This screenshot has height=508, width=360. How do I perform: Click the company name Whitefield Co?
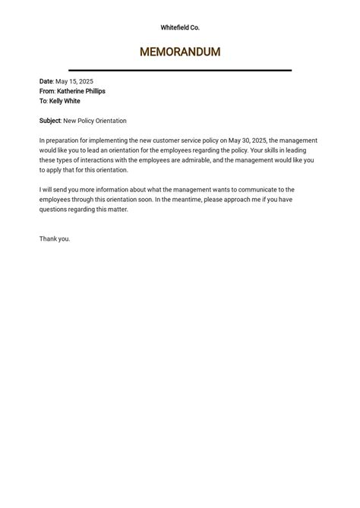(x=180, y=27)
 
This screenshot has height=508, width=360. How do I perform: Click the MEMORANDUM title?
(x=180, y=52)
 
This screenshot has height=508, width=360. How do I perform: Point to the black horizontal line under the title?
(x=180, y=70)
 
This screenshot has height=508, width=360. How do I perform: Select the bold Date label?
(x=46, y=81)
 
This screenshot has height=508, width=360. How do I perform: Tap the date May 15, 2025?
(x=74, y=81)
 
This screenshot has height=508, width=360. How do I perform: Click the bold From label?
(x=47, y=91)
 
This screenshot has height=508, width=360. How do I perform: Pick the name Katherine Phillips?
(x=81, y=91)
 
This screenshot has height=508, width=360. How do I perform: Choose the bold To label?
(x=43, y=101)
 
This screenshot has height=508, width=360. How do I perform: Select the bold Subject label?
(x=50, y=121)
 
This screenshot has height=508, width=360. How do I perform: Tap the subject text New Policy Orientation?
(x=95, y=121)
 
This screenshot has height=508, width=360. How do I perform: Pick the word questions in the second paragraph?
(x=53, y=210)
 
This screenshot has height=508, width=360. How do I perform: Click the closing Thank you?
(x=54, y=239)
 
